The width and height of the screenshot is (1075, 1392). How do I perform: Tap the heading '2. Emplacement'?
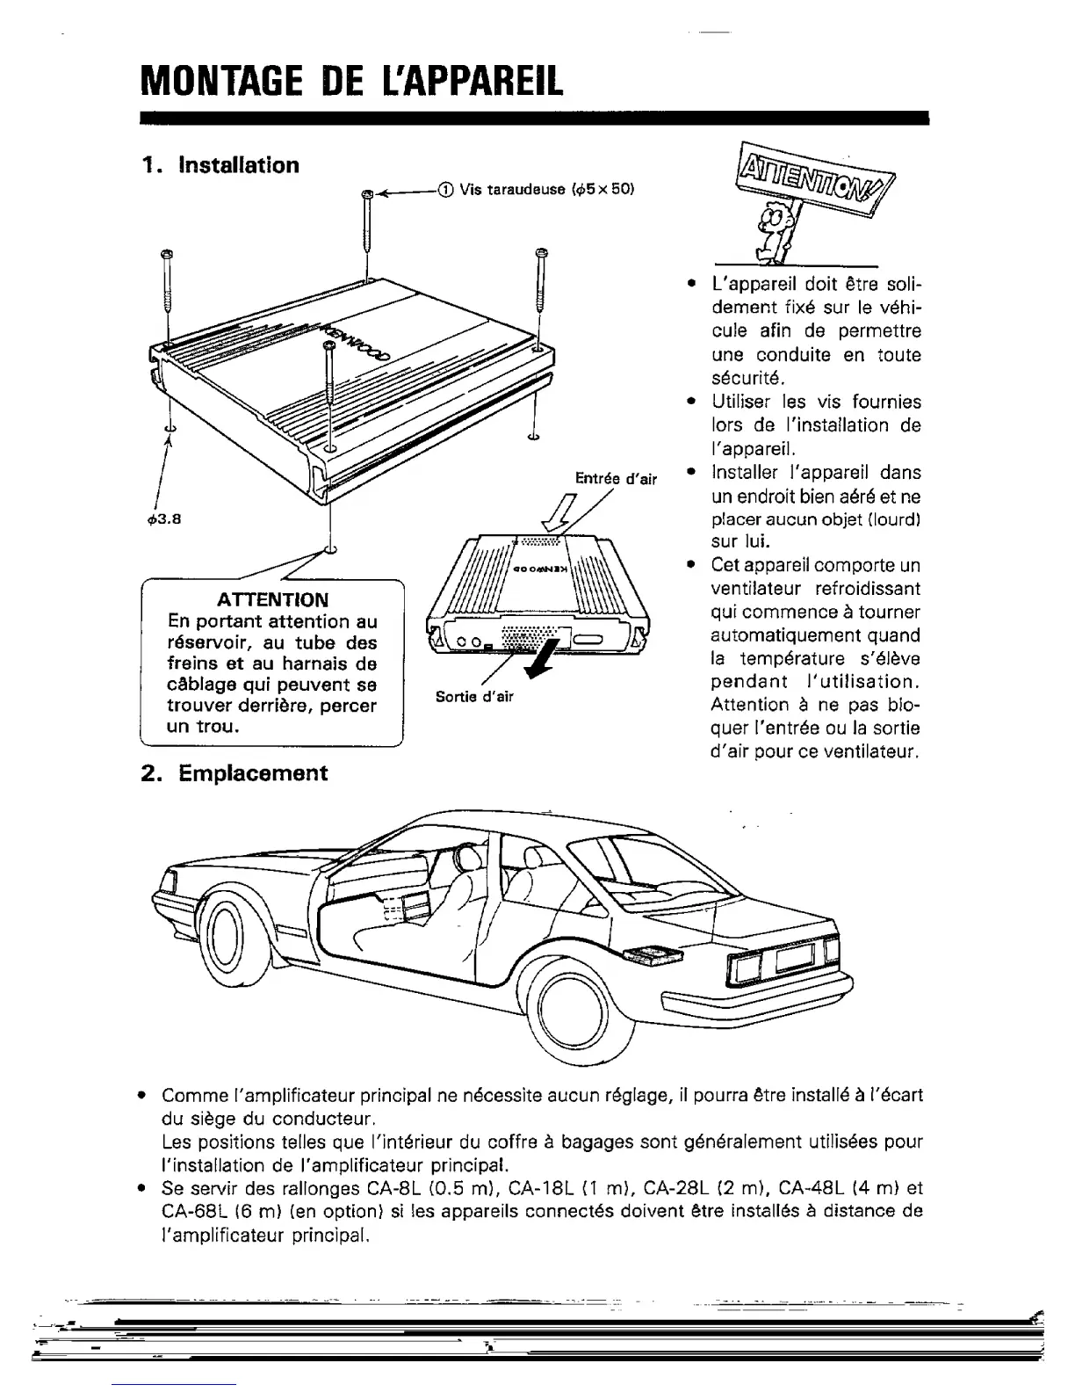point(234,773)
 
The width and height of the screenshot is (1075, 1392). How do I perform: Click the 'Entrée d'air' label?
point(616,479)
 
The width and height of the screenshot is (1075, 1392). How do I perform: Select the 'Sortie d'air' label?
point(474,697)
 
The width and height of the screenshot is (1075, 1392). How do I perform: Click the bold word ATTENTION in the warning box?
point(273,600)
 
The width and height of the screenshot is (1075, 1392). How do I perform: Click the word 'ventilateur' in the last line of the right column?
point(877,751)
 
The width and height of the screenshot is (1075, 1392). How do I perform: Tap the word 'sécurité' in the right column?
point(747,379)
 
